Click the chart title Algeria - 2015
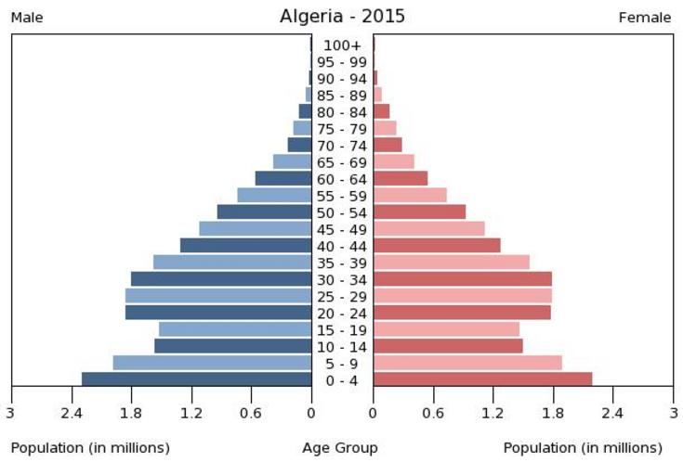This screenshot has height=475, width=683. click(342, 17)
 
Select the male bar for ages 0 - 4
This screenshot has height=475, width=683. click(196, 379)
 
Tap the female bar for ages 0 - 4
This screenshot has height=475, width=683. click(482, 379)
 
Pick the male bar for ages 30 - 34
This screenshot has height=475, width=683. click(221, 278)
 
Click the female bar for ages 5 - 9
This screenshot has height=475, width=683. click(467, 362)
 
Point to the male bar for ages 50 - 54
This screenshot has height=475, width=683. click(264, 212)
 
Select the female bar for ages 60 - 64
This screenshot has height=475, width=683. click(401, 178)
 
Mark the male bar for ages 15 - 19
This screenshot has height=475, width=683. click(235, 328)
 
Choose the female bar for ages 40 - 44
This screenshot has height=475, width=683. click(437, 245)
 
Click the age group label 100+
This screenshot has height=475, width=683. click(342, 45)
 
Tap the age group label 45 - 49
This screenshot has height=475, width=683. click(342, 229)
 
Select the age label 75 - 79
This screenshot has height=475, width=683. click(342, 129)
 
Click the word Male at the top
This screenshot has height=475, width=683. click(27, 18)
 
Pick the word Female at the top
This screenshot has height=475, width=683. click(645, 18)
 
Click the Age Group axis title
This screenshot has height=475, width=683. click(340, 448)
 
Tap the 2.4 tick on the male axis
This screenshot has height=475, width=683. click(71, 412)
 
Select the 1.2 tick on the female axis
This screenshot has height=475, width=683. click(493, 412)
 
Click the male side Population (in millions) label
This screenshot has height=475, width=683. click(90, 448)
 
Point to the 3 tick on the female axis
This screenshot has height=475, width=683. click(673, 412)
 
